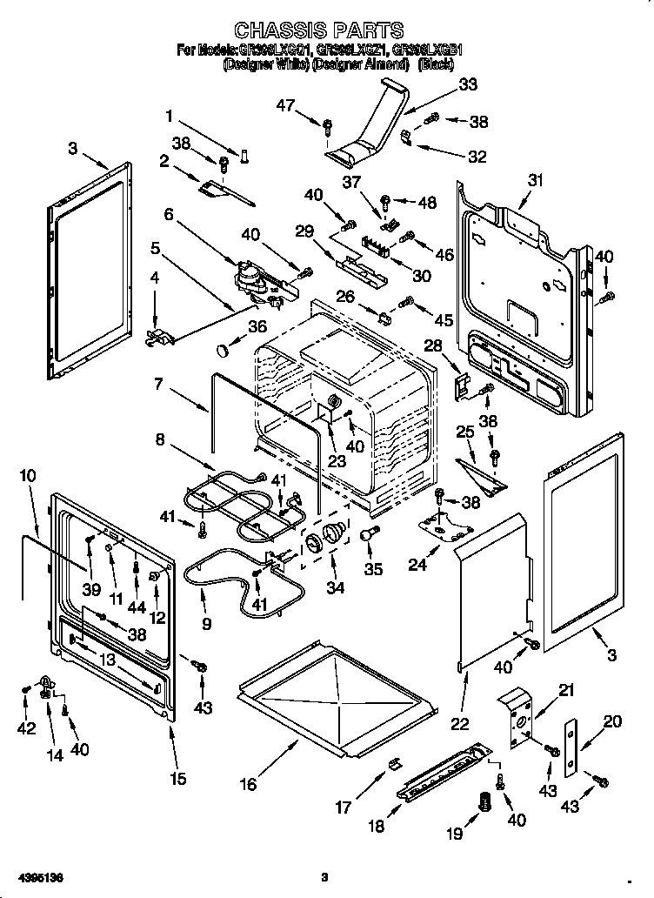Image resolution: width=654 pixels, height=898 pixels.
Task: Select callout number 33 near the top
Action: (x=468, y=84)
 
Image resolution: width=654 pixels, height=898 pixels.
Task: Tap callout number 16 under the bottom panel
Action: (x=248, y=784)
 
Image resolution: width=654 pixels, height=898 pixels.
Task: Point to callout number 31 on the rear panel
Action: (x=534, y=180)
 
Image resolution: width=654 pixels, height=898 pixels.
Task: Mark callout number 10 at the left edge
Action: (x=28, y=476)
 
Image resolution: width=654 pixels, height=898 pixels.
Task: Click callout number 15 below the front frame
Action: (x=177, y=779)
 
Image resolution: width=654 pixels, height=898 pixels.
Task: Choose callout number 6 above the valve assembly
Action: (x=168, y=214)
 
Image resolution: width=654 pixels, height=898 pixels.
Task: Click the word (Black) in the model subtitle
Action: (x=436, y=64)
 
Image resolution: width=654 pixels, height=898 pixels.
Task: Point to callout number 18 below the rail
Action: (x=376, y=827)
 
